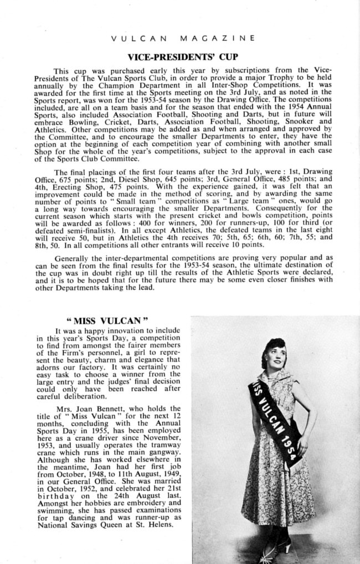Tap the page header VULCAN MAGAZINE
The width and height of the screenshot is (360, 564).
click(x=182, y=38)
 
